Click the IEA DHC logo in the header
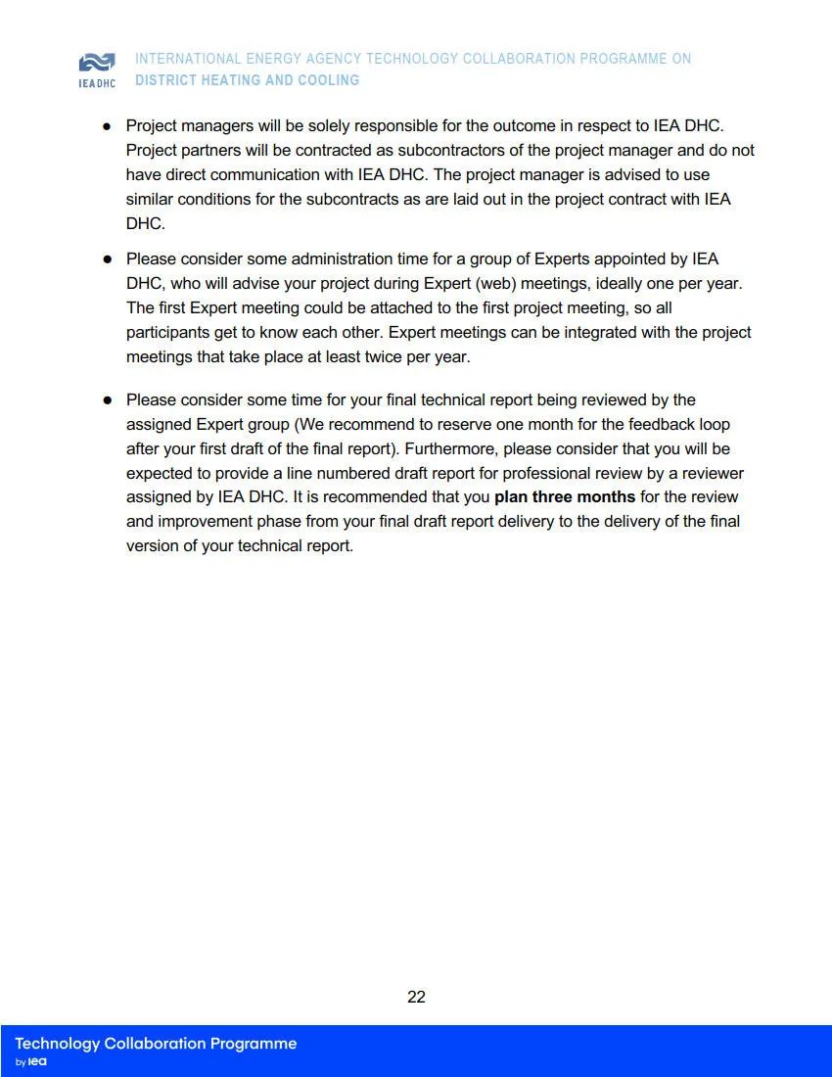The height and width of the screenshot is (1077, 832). pyautogui.click(x=96, y=69)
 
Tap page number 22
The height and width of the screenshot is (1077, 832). pyautogui.click(x=416, y=997)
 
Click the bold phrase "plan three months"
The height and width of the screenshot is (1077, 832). pyautogui.click(x=565, y=497)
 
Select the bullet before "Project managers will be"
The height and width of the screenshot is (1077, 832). pyautogui.click(x=107, y=127)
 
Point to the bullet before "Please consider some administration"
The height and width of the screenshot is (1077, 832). pyautogui.click(x=107, y=260)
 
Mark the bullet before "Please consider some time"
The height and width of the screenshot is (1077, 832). pyautogui.click(x=107, y=400)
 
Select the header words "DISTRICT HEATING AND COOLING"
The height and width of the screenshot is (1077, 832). pyautogui.click(x=247, y=80)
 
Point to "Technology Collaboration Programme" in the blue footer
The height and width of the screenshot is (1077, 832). pyautogui.click(x=156, y=1044)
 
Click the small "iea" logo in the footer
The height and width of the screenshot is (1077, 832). pyautogui.click(x=37, y=1062)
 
